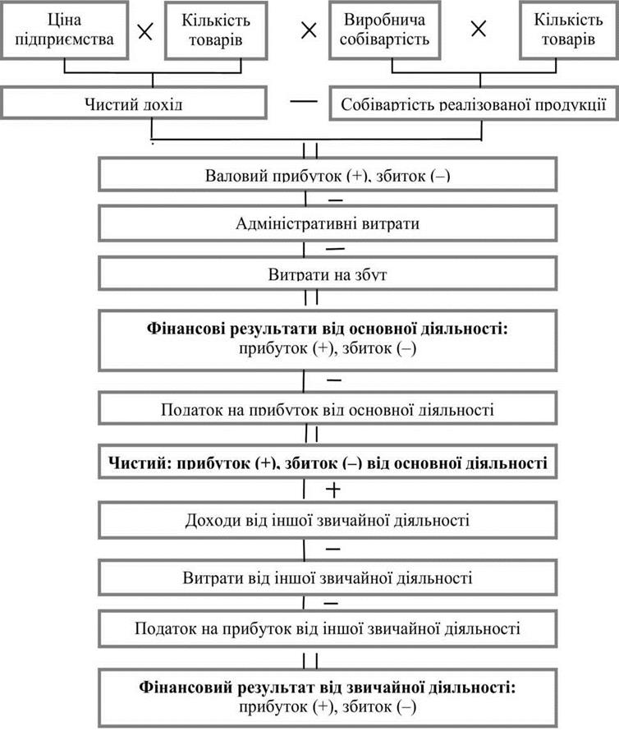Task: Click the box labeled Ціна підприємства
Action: coord(64,30)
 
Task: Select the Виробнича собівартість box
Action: coord(384,30)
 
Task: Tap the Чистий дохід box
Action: coord(134,103)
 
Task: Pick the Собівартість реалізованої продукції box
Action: coord(474,103)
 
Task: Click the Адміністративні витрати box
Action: coord(328,223)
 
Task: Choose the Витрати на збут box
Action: coord(328,274)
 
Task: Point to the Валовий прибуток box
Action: coord(328,175)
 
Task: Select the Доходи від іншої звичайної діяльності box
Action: coord(328,520)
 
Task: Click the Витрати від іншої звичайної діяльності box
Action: coord(328,577)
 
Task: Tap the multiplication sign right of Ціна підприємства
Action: coord(145,31)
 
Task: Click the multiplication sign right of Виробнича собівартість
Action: coord(479,30)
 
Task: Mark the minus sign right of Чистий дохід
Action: coord(304,101)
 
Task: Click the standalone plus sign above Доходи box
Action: coord(333,490)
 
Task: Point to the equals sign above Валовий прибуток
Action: coord(310,150)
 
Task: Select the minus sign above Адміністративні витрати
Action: coord(335,200)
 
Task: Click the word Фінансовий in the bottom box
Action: coord(186,688)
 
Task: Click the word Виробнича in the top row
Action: coord(384,20)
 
